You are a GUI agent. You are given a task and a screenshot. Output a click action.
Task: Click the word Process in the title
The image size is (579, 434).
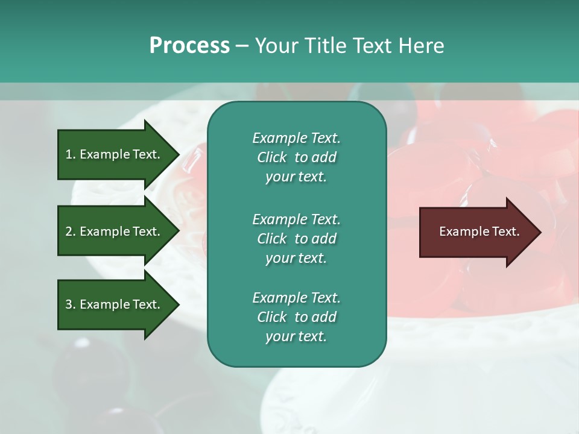(189, 46)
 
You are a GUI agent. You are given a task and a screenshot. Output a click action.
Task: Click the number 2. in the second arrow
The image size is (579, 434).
(70, 231)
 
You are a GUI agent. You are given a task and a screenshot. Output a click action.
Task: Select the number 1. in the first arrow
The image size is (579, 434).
(70, 154)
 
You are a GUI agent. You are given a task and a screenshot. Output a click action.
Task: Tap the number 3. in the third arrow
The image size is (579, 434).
(70, 304)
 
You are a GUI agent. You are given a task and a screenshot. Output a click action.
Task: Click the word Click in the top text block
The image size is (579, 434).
(272, 157)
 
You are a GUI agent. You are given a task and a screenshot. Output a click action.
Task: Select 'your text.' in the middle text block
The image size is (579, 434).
(296, 258)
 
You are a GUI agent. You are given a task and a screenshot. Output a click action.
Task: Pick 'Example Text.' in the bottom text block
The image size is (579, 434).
(296, 298)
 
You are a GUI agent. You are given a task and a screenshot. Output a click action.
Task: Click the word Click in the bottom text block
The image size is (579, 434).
(272, 317)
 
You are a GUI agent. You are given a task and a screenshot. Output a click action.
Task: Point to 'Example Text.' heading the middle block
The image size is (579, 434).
(296, 219)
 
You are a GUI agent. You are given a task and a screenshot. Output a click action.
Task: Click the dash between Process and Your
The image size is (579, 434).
(242, 46)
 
